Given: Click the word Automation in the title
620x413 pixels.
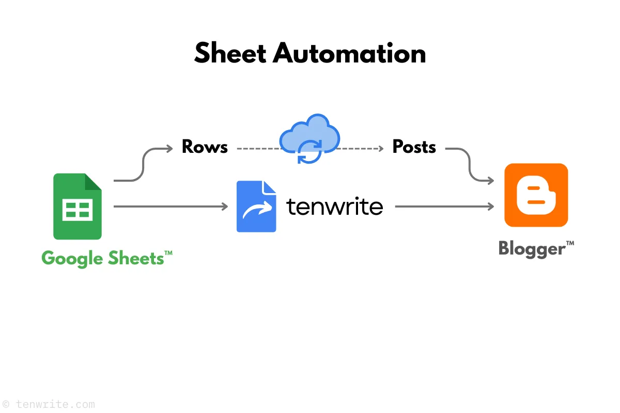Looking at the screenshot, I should [x=349, y=53].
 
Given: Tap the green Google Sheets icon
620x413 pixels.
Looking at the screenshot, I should [x=78, y=206].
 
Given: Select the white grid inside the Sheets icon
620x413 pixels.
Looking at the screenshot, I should [x=78, y=210].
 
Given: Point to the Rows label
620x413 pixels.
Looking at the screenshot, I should [x=205, y=147].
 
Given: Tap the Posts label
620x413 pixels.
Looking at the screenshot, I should [x=414, y=147].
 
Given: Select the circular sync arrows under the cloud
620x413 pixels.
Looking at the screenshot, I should [x=309, y=151].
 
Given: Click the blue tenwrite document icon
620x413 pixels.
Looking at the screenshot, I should [x=256, y=206].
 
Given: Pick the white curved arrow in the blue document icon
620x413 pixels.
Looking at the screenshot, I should [x=257, y=211].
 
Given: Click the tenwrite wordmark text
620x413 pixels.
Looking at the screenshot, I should [x=335, y=206].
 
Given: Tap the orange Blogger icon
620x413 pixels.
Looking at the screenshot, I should [x=536, y=195].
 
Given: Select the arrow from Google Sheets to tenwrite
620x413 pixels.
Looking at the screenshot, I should [x=171, y=206].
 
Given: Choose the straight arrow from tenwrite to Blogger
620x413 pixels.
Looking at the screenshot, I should [x=444, y=206].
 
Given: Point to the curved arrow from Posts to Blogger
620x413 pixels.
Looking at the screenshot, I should [x=470, y=165].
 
